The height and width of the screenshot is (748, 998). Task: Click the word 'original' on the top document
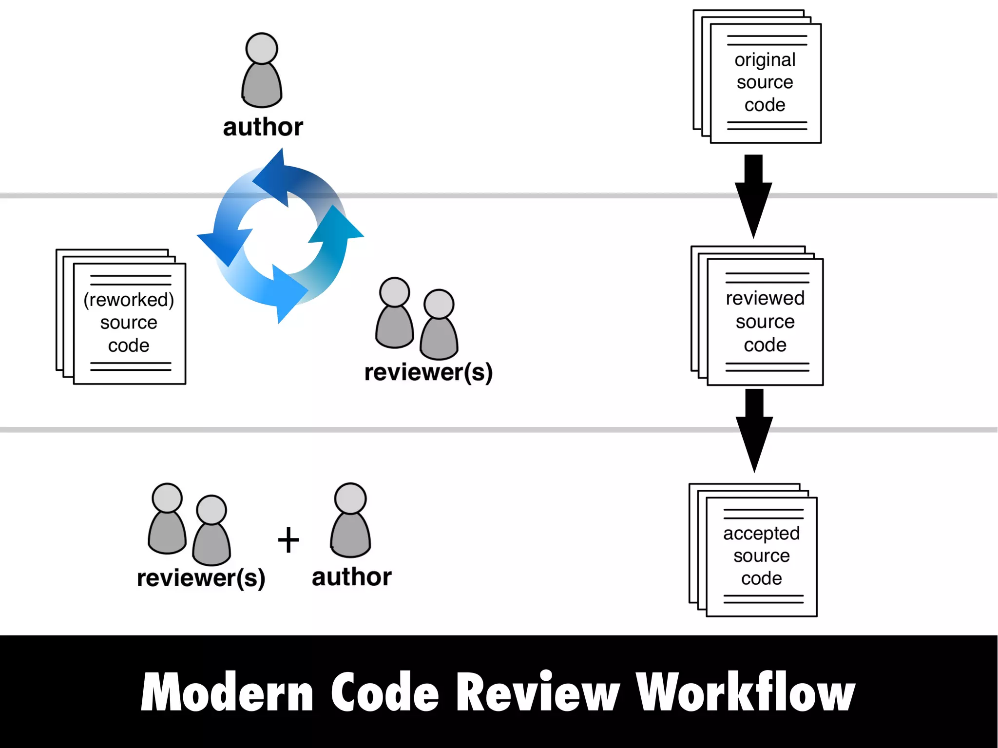coord(765,60)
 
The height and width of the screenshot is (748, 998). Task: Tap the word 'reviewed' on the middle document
coord(765,298)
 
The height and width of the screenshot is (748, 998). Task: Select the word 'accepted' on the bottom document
coord(761,533)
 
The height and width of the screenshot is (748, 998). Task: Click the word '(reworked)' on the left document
coord(129,300)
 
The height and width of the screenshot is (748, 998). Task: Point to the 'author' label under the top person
coord(263,127)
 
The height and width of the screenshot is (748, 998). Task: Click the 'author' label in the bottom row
coord(351,577)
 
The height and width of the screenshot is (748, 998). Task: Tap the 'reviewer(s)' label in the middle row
coord(428,372)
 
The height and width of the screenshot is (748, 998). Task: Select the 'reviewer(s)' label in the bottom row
coord(201,578)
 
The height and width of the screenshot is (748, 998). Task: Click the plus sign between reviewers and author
coord(288,540)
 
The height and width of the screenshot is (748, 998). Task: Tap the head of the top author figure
coord(262,48)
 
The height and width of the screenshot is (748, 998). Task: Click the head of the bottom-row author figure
coord(350,498)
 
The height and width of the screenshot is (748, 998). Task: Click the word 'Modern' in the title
coord(227,692)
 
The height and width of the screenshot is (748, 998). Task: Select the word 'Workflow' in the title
coord(745,692)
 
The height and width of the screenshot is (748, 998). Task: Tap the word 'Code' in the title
coord(385,692)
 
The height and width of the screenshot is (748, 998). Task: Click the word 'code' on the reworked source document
coord(129,345)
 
